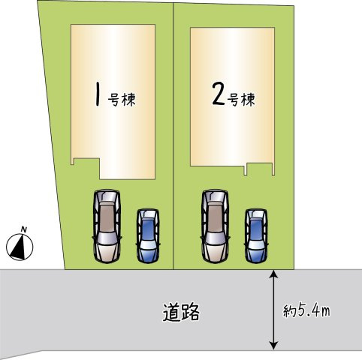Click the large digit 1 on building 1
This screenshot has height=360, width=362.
[98, 94]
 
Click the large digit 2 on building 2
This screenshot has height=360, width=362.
[219, 94]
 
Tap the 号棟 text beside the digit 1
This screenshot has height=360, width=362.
[122, 100]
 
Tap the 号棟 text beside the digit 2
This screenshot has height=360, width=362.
[241, 99]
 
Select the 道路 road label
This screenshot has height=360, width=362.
[182, 312]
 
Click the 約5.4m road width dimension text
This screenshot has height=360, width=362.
[306, 310]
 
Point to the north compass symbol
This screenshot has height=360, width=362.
[20, 247]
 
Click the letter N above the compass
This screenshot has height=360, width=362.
[24, 229]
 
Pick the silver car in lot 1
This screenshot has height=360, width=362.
[107, 226]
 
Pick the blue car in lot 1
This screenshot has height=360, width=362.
[148, 235]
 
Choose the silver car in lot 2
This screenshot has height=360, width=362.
[215, 226]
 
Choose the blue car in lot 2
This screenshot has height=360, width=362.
[256, 235]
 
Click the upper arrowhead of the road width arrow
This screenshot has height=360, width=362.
[274, 273]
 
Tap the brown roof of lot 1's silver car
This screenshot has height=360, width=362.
[107, 217]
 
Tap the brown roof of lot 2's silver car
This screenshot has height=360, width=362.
[215, 217]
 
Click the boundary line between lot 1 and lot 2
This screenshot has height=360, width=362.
[173, 136]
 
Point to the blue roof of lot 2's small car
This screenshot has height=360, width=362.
[256, 229]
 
